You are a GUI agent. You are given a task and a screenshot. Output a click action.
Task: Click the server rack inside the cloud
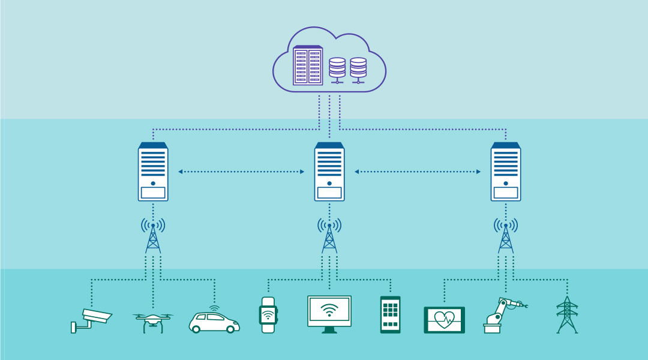coord(308,65)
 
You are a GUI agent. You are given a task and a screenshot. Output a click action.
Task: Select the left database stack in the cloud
coord(337,70)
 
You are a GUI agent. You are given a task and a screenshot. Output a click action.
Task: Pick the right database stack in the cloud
coord(358,70)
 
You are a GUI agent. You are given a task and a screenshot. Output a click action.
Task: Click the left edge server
coord(153,172)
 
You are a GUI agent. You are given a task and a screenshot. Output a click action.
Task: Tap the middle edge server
coord(329,172)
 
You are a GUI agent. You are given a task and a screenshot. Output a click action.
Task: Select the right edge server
coord(506,172)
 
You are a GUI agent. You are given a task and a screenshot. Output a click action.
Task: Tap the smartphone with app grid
coord(390,314)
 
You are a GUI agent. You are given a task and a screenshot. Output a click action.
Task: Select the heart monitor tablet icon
coord(444,319)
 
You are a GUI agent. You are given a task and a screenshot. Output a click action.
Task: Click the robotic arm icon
coord(501,316)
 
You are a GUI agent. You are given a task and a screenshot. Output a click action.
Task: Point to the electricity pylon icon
coord(567,314)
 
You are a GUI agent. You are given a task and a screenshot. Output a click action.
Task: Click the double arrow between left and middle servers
coord(241,172)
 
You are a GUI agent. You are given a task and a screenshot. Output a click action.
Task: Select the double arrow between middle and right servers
coord(418,172)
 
